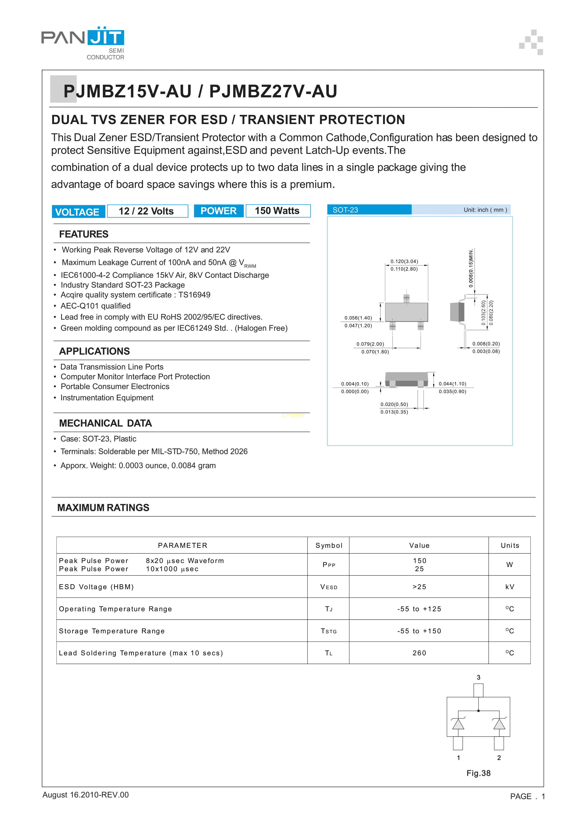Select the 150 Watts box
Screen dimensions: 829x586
pos(278,211)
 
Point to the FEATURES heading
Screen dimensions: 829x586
pos(84,234)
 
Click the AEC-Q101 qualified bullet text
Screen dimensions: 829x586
pos(96,306)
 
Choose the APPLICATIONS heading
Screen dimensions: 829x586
pos(94,351)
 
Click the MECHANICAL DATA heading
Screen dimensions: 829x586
pos(105,423)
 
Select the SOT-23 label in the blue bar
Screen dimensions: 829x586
pos(345,210)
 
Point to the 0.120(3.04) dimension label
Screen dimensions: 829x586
pos(404,261)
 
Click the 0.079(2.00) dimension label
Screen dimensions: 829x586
pos(370,344)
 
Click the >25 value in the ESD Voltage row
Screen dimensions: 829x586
pos(419,587)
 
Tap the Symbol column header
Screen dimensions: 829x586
pos(329,545)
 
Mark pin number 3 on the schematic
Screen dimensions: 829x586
pos(479,677)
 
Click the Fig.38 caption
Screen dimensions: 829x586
pos(479,773)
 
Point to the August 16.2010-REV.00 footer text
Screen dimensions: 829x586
pos(86,795)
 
